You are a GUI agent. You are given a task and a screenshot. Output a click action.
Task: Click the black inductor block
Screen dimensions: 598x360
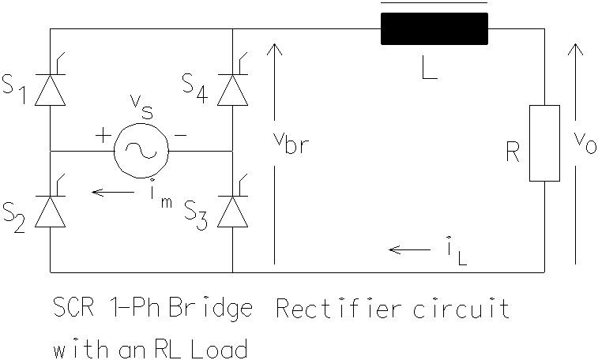434,28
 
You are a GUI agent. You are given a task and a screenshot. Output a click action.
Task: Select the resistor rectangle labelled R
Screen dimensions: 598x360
544,143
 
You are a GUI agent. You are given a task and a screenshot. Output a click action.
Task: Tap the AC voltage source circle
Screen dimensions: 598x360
141,151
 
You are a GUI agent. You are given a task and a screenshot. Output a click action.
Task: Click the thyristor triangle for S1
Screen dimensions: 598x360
50,90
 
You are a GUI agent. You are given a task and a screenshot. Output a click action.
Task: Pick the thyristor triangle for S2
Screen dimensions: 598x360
50,212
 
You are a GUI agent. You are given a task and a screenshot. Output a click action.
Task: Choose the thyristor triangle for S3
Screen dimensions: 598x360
232,212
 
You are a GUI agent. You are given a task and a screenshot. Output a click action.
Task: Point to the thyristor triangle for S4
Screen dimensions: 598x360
232,90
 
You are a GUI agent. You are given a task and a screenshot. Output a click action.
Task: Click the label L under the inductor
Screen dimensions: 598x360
430,67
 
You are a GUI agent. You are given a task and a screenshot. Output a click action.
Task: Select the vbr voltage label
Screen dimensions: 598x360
291,143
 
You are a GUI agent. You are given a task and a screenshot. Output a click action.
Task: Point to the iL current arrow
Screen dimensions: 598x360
410,250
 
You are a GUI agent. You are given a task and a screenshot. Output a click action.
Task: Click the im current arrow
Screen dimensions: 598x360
113,192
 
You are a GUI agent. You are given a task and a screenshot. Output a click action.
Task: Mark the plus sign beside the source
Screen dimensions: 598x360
103,135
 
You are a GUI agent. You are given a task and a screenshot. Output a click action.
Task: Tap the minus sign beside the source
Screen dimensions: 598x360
180,135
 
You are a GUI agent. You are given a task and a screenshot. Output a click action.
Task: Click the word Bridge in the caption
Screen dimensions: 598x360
211,309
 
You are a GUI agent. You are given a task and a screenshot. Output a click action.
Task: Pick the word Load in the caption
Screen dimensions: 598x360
220,348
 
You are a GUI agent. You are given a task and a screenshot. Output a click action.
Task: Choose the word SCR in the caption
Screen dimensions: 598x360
73,308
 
